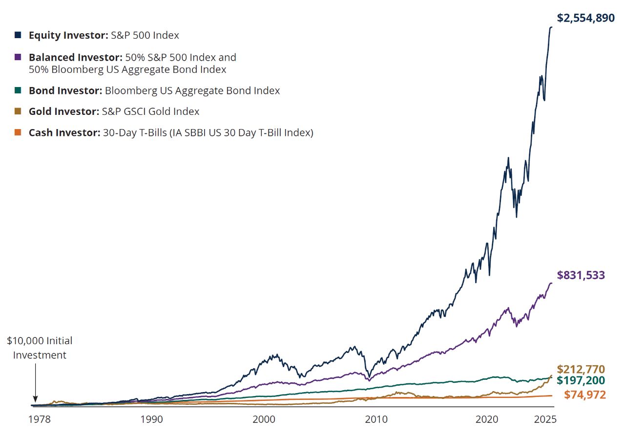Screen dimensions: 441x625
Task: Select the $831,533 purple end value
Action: point(581,275)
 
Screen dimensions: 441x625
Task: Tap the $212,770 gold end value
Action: point(581,369)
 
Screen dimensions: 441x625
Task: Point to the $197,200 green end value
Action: point(581,381)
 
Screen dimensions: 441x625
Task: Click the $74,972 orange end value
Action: point(585,395)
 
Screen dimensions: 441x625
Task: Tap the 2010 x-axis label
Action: point(376,419)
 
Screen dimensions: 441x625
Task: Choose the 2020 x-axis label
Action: point(487,419)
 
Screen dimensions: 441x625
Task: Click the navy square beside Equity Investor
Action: point(18,35)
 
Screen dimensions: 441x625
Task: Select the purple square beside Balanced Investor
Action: point(18,57)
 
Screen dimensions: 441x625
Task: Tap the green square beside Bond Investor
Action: point(18,90)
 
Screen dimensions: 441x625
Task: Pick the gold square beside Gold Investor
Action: point(18,111)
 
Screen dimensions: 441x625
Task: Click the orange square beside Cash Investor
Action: point(18,132)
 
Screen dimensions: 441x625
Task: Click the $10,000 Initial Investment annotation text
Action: point(40,348)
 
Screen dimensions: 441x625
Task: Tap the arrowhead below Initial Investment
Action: point(35,399)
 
